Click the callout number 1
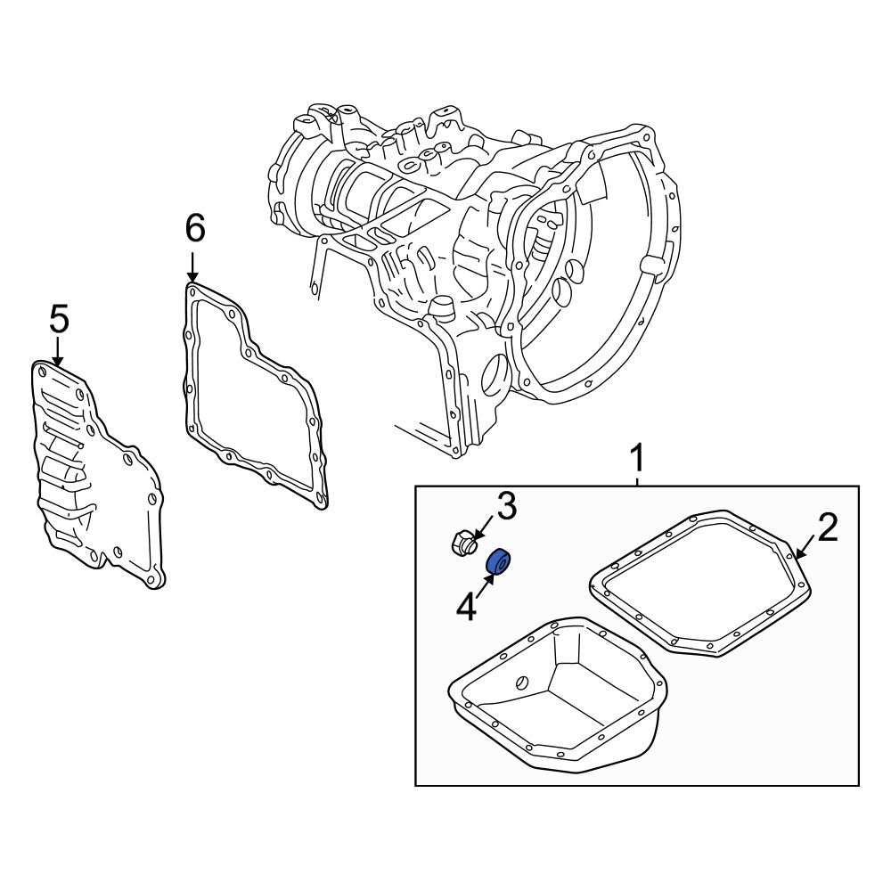[x=637, y=461]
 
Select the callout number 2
[x=828, y=528]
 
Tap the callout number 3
[x=505, y=508]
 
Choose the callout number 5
[x=58, y=318]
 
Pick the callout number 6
[x=194, y=229]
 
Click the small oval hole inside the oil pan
[x=522, y=683]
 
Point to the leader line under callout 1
[x=637, y=480]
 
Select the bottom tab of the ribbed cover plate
[x=156, y=581]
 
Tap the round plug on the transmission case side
[x=438, y=309]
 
